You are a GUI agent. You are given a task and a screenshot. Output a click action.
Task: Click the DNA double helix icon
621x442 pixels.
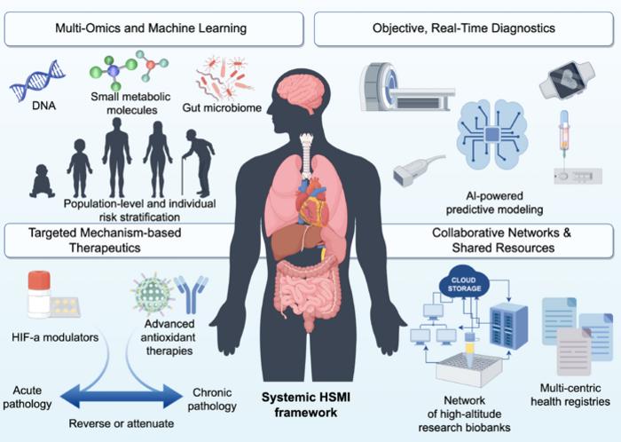pos(37,80)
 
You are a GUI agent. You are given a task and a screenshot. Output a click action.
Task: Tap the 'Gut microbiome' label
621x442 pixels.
pos(222,107)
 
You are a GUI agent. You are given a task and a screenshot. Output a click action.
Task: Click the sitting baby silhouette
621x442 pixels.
pos(42,181)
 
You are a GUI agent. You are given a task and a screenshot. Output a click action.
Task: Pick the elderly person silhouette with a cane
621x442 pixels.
pos(199,162)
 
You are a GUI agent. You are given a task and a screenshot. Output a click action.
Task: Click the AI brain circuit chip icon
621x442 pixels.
pos(492,134)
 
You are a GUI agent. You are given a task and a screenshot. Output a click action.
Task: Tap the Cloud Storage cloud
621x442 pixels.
pos(464,282)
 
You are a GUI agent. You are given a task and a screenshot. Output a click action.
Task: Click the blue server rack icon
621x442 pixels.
pos(509,327)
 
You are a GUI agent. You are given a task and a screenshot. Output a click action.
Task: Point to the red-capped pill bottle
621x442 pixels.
pos(39,294)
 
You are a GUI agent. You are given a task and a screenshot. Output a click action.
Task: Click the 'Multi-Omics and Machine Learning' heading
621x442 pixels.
pos(151,28)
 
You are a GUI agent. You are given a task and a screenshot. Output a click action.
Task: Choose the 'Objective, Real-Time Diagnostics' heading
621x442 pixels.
pos(464,28)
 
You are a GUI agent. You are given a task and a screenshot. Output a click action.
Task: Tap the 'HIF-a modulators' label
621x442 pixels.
pos(55,337)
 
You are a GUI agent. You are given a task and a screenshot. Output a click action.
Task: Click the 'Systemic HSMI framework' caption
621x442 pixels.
pos(306,405)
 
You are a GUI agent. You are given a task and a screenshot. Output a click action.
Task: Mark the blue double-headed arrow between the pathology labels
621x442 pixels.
pos(122,396)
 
